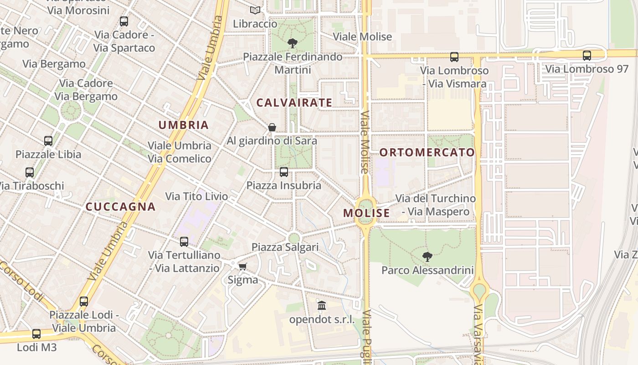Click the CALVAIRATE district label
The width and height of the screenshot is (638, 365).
pyautogui.click(x=294, y=103)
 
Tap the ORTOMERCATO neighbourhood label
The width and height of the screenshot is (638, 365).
pyautogui.click(x=427, y=152)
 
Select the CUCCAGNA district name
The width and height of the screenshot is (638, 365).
pyautogui.click(x=121, y=207)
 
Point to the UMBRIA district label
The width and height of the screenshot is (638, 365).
pyautogui.click(x=183, y=125)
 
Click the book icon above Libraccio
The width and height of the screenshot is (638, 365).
pyautogui.click(x=255, y=10)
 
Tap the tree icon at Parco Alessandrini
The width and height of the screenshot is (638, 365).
pyautogui.click(x=427, y=256)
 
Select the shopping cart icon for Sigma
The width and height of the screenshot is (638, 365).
pyautogui.click(x=242, y=266)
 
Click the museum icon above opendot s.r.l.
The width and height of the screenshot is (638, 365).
pyautogui.click(x=322, y=305)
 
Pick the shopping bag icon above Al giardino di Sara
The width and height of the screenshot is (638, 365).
pyautogui.click(x=272, y=127)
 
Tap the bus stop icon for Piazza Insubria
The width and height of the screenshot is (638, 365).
pyautogui.click(x=284, y=172)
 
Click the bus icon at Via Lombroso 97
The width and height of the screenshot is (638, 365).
pyautogui.click(x=587, y=56)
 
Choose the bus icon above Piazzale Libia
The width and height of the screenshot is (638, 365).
pyautogui.click(x=48, y=141)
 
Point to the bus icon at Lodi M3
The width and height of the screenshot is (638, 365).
pyautogui.click(x=36, y=334)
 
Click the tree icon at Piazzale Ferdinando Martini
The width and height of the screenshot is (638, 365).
pyautogui.click(x=293, y=43)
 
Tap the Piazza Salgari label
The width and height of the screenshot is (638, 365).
pyautogui.click(x=285, y=247)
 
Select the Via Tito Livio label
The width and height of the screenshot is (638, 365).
pyautogui.click(x=196, y=197)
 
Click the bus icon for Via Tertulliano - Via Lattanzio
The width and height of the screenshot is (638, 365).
pyautogui.click(x=184, y=242)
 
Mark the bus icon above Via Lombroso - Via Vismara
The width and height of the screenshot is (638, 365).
pyautogui.click(x=454, y=57)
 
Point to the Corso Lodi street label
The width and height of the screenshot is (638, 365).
pyautogui.click(x=22, y=282)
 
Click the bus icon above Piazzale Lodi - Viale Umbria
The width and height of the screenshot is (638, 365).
pyautogui.click(x=84, y=302)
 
